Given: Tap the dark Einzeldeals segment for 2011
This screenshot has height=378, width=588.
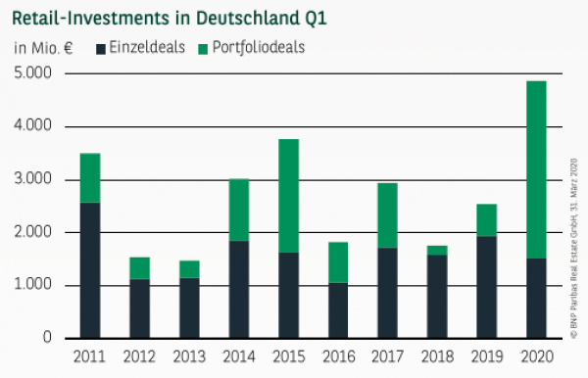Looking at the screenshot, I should pos(89,270).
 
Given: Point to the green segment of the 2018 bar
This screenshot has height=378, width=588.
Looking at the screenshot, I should pos(438,250).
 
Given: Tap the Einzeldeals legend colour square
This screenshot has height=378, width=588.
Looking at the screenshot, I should pos(103,47).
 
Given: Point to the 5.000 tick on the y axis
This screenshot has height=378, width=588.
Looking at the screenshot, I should pos(33,74).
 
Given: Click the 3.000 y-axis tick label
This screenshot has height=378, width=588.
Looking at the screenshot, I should pos(33,180).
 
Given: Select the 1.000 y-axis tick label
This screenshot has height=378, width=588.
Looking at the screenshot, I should pos(33,286).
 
